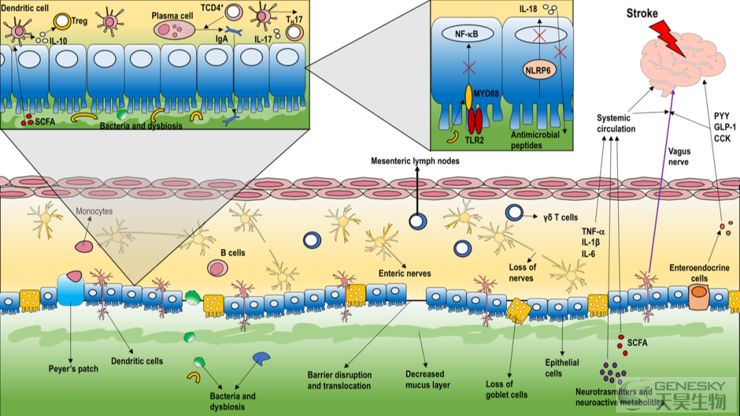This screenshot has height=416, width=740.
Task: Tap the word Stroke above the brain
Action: [642, 13]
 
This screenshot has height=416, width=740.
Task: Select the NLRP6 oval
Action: [538, 71]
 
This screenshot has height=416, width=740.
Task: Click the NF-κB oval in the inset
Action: [467, 34]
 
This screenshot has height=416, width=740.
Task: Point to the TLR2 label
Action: [474, 140]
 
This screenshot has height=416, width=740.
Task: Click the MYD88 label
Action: [486, 93]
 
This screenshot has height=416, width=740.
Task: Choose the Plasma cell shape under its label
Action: [174, 29]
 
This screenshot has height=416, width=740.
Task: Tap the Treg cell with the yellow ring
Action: [62, 21]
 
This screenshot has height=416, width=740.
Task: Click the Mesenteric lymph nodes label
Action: [415, 161]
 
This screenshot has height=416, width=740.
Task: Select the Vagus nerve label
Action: [679, 156]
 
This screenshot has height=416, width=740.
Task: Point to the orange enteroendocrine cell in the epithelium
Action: [699, 296]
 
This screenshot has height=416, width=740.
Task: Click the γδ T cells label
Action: [560, 217]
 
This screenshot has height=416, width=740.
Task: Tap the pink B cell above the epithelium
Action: [217, 268]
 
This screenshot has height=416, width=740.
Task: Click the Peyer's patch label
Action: [73, 369]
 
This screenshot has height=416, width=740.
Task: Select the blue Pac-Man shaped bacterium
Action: [261, 359]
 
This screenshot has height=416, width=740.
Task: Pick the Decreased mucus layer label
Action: [428, 379]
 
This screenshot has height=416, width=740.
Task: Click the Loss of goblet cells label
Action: [506, 389]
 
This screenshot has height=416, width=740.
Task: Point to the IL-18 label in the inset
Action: [528, 9]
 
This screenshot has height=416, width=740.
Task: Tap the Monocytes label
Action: [95, 211]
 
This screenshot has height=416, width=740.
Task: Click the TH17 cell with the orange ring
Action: [295, 33]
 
